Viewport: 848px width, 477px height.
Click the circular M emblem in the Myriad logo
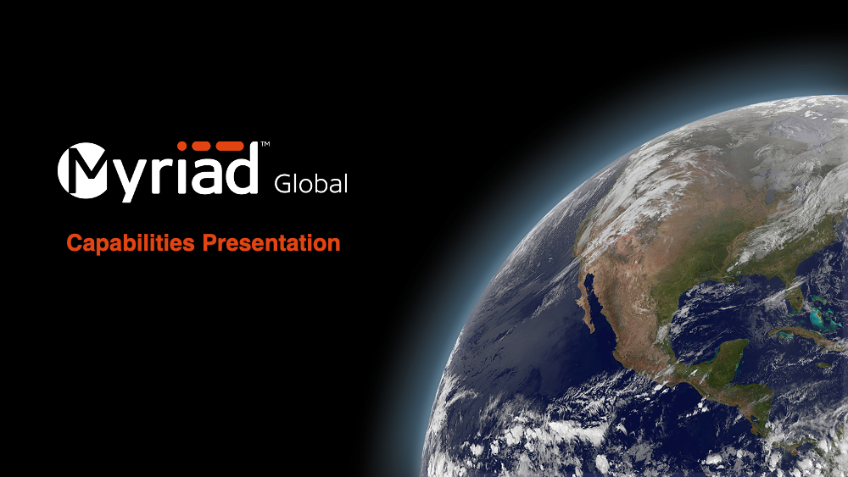[81, 170]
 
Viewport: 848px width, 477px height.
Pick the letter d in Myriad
[243, 168]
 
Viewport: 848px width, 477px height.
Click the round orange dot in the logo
[182, 146]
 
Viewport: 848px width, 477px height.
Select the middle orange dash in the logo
[203, 146]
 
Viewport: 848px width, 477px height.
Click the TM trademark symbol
[265, 144]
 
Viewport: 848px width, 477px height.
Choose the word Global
[311, 184]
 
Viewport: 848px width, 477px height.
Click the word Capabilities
[131, 243]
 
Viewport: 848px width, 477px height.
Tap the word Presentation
[271, 242]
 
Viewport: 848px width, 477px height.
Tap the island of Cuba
[800, 336]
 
